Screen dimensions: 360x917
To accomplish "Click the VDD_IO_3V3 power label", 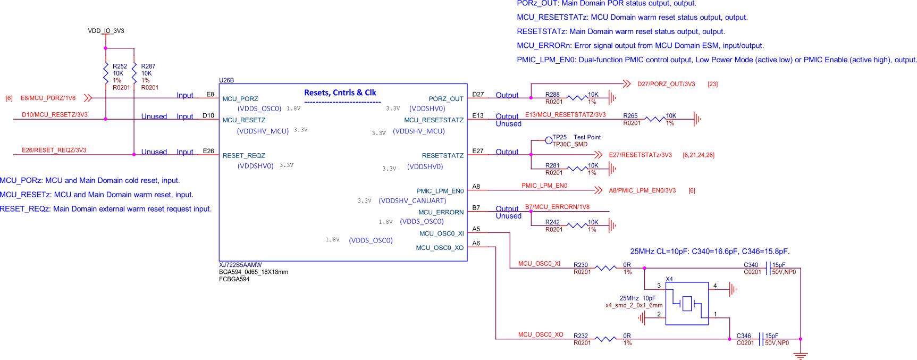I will click(106, 31).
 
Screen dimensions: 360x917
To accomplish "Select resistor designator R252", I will click(120, 66).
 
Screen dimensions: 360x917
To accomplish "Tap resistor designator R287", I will click(148, 66).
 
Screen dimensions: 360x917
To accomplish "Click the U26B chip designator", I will click(226, 80).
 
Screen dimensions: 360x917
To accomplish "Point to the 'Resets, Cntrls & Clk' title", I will click(340, 93).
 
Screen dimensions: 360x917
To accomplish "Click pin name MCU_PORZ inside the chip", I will click(240, 99).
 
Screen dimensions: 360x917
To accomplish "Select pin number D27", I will click(478, 95).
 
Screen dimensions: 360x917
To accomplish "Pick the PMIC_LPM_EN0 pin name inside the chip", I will click(440, 191).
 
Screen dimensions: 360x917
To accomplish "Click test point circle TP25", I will click(549, 140).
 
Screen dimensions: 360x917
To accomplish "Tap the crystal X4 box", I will click(687, 304).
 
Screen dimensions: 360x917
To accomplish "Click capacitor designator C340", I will click(751, 265).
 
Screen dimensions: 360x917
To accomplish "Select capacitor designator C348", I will click(744, 336).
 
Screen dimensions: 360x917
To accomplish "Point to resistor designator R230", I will click(581, 265).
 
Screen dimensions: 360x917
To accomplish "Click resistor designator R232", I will click(581, 336).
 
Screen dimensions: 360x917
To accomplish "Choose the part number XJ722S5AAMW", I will click(240, 265).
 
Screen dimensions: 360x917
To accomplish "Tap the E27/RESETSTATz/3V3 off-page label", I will click(640, 155).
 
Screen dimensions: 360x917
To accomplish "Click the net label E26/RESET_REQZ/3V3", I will click(54, 150).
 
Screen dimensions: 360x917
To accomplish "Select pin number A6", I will click(476, 244).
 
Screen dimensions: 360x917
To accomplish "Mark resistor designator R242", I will click(552, 222).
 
